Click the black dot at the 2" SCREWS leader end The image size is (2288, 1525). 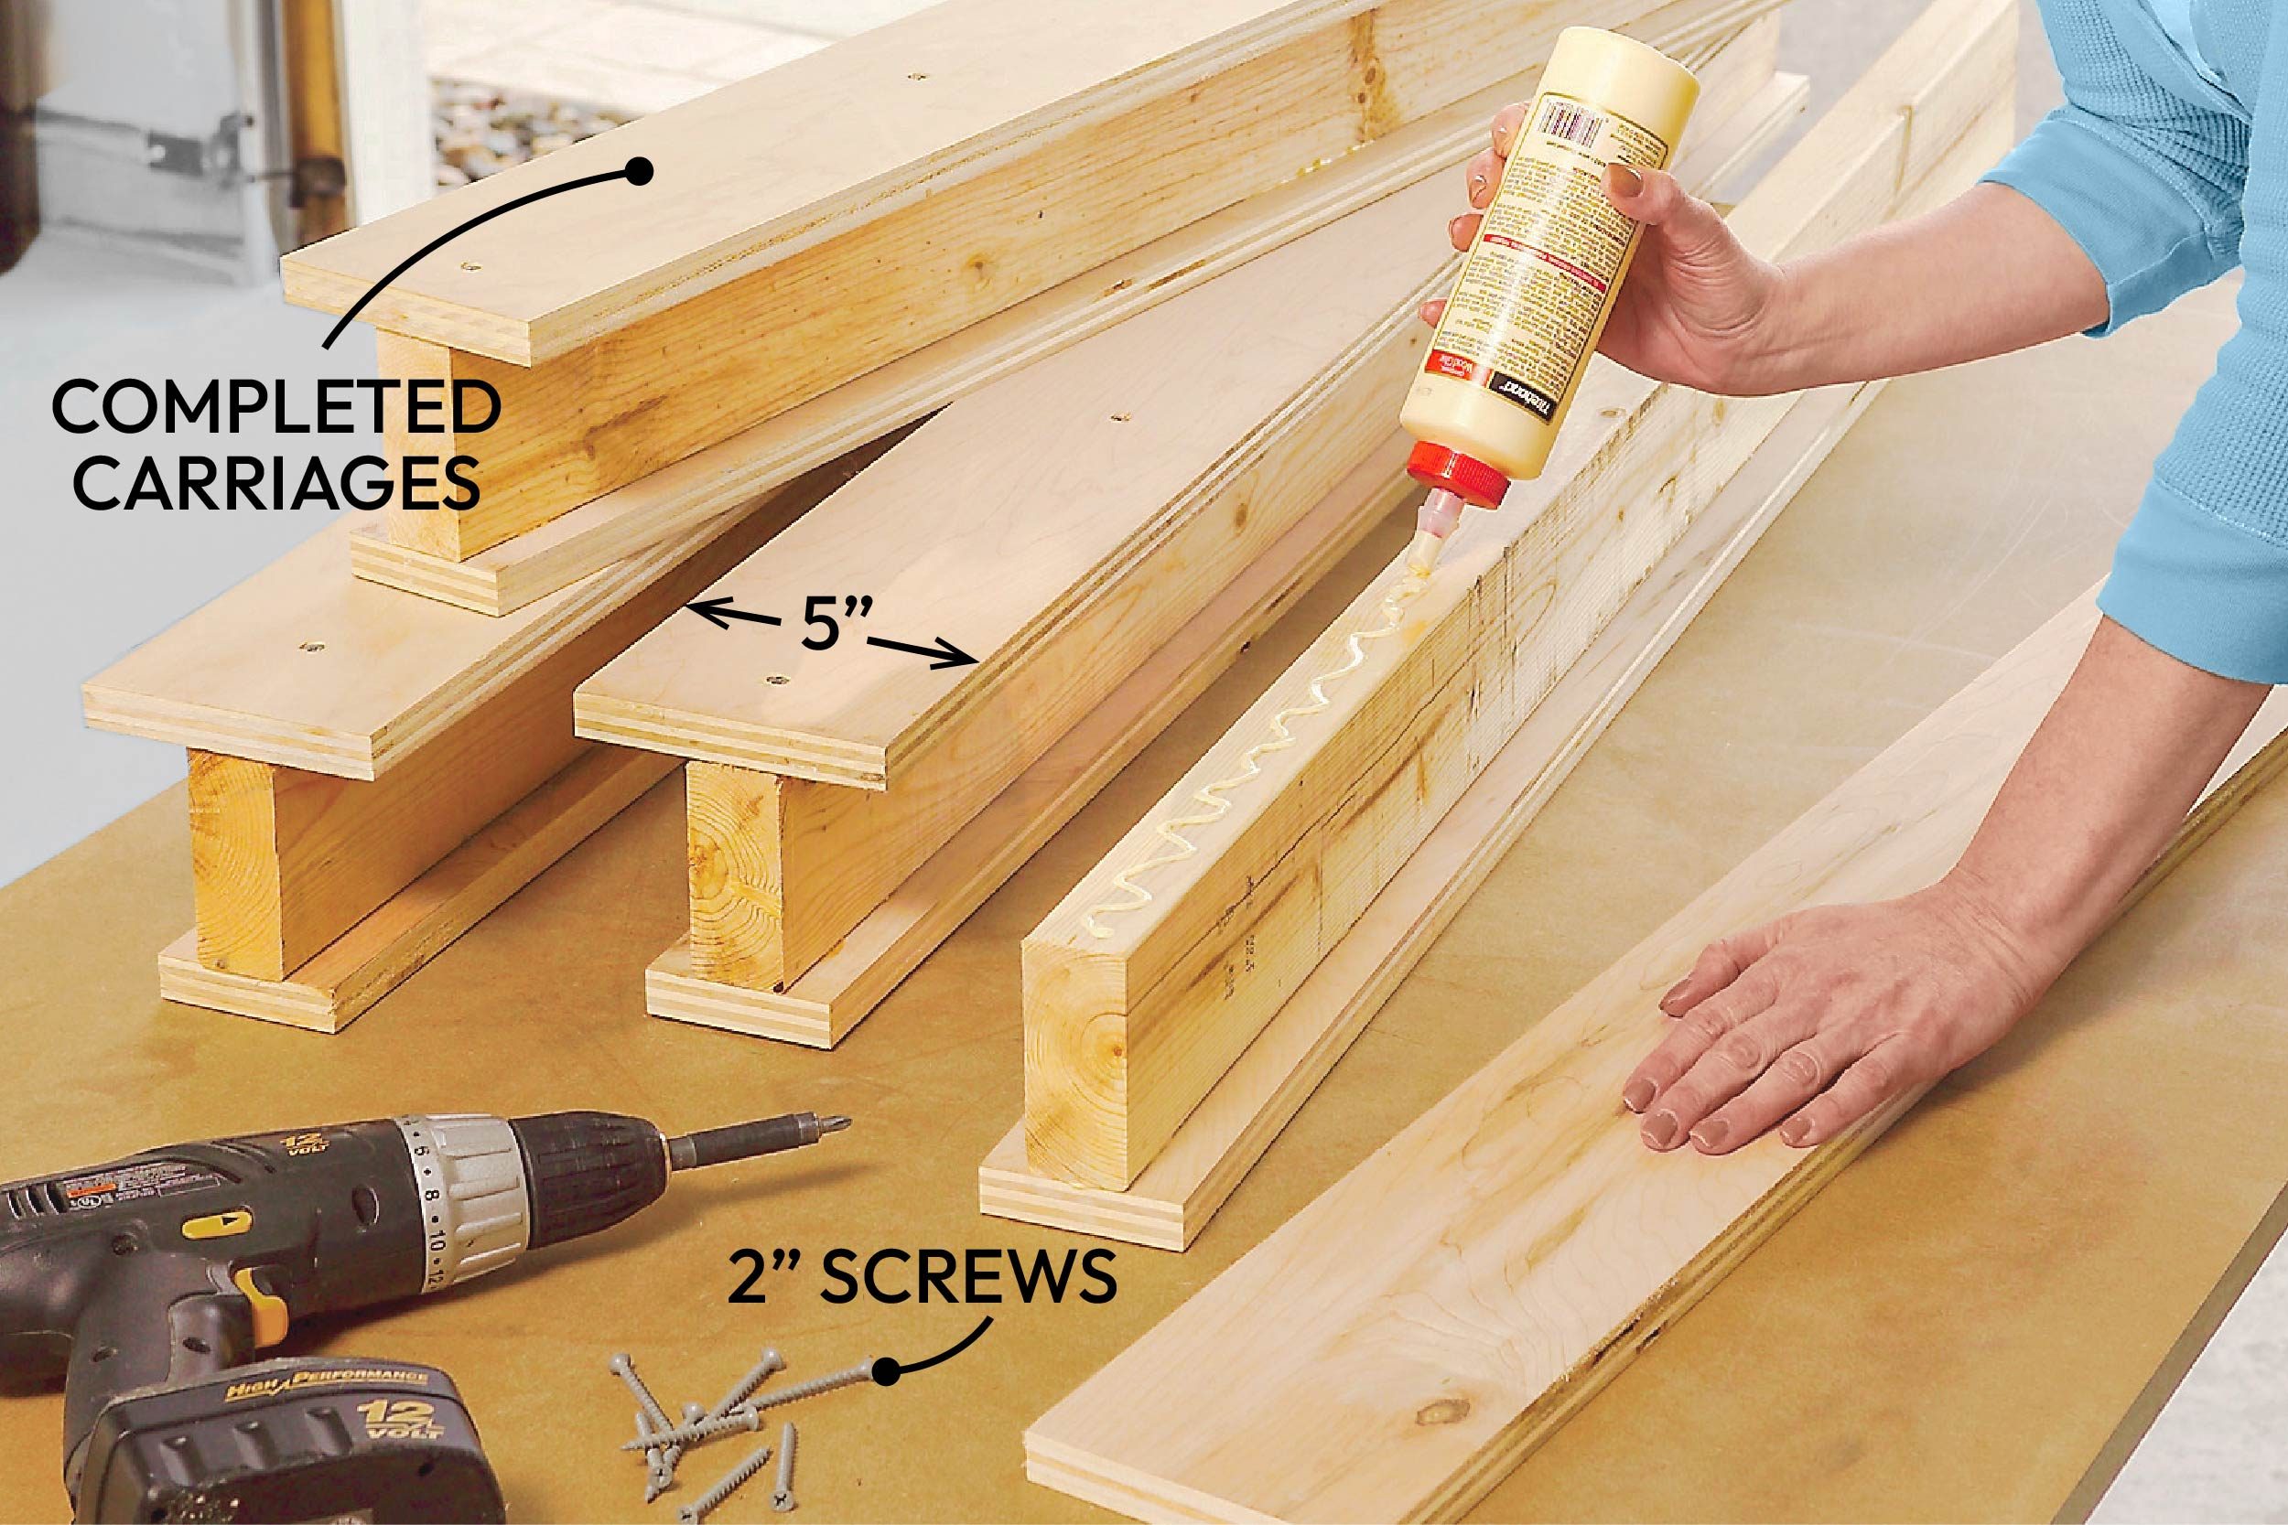tap(884, 1401)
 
